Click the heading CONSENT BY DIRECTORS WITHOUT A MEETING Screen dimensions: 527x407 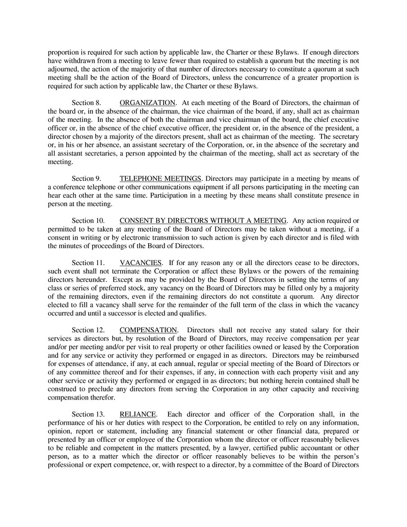coord(203,220)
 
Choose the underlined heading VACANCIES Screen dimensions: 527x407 coord(141,262)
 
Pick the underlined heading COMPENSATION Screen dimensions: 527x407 coord(148,330)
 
